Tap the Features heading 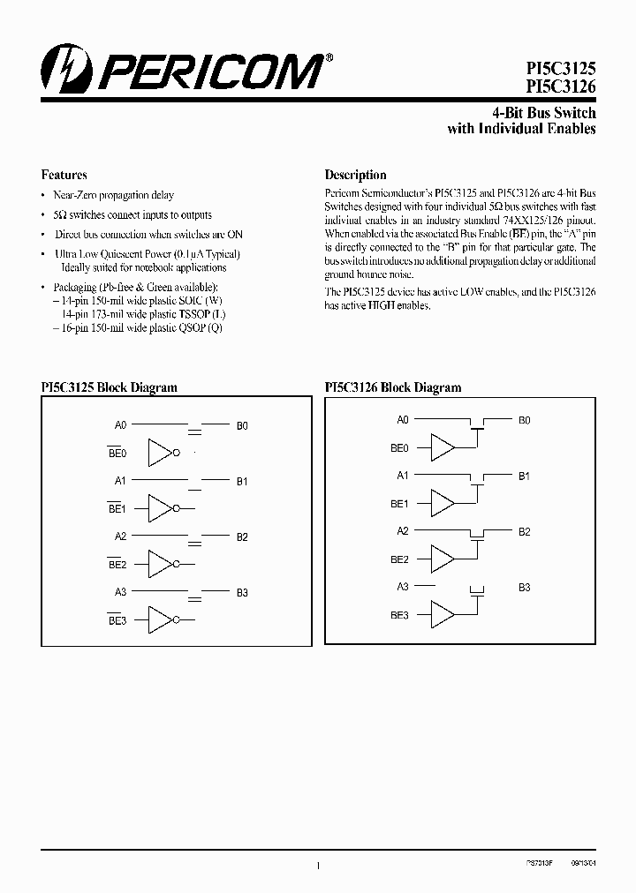pos(64,175)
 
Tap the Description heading pos(355,175)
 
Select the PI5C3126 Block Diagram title pos(393,387)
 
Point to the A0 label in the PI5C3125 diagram pos(121,425)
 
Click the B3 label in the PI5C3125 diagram pos(242,593)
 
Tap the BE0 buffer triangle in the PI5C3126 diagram pos(442,448)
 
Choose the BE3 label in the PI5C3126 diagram pos(399,616)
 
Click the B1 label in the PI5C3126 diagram pos(524,477)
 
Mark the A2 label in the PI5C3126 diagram pos(403,531)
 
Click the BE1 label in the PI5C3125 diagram pos(117,509)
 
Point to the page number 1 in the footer pos(317,867)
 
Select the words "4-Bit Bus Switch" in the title pos(543,113)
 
